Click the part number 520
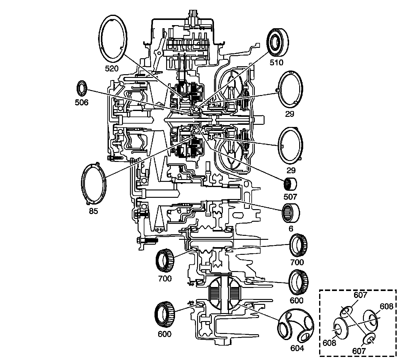(x=112, y=69)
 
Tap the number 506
(x=82, y=102)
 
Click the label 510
(x=277, y=63)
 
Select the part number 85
(x=93, y=211)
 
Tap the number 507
(x=290, y=197)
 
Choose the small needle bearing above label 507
(x=290, y=184)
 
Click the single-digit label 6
(x=291, y=228)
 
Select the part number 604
(x=297, y=348)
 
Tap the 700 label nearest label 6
(x=297, y=262)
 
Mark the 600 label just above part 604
(x=296, y=301)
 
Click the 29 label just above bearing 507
(x=291, y=170)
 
